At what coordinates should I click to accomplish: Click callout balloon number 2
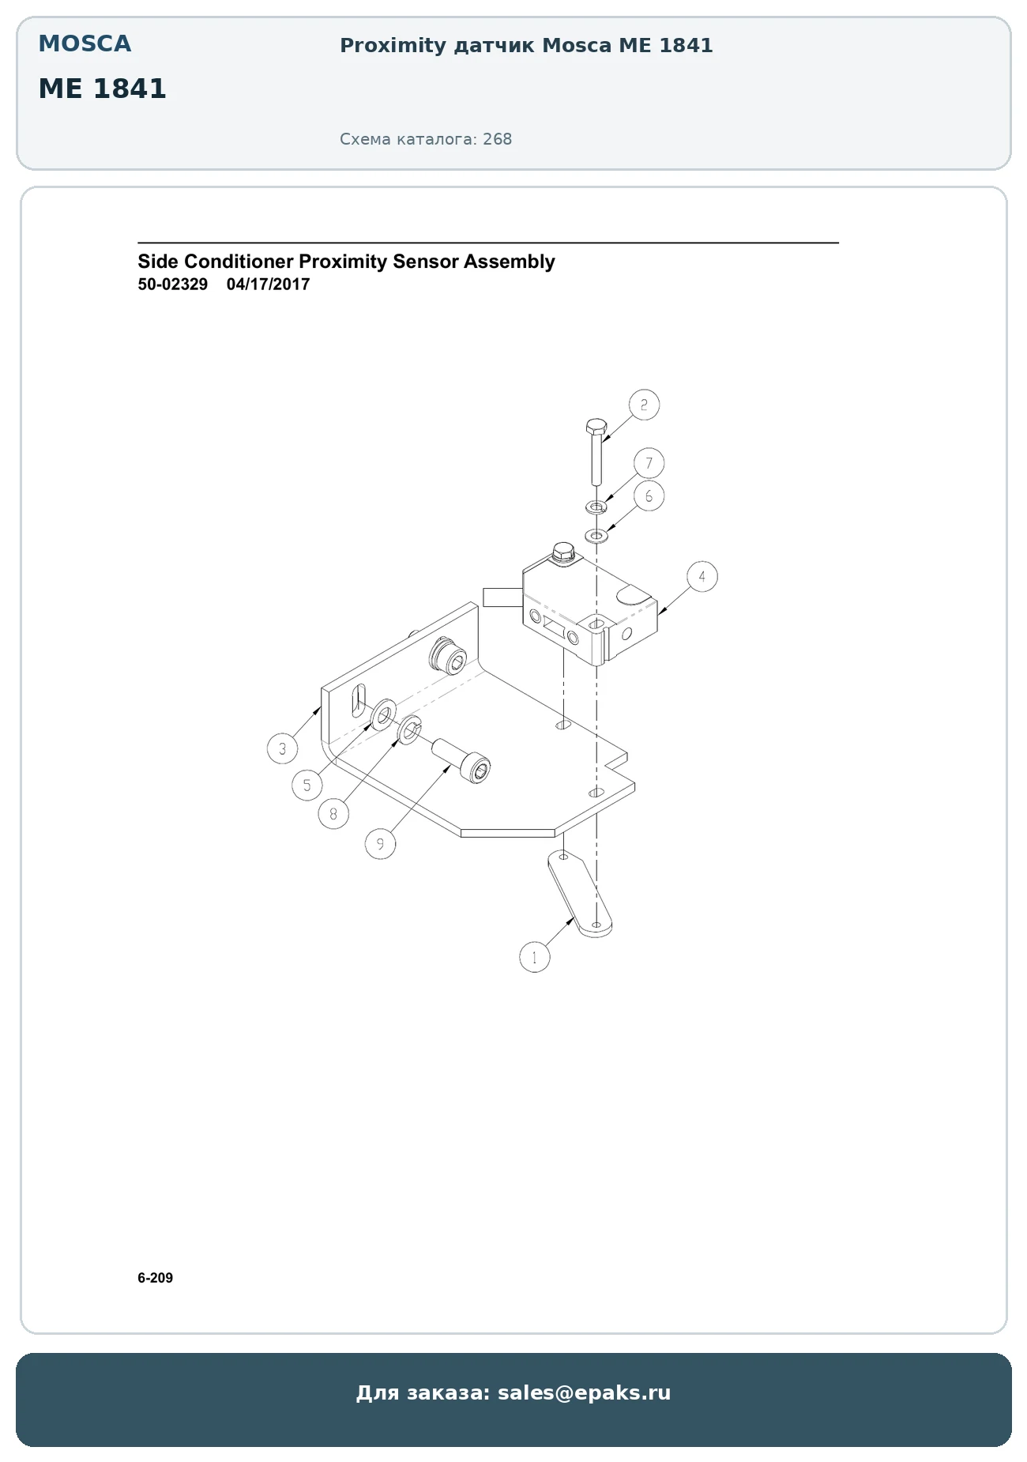click(644, 405)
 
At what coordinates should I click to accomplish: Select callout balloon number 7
click(649, 463)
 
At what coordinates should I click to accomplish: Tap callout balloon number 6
click(649, 496)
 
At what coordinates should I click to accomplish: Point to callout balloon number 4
click(702, 576)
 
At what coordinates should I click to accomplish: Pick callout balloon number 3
click(283, 748)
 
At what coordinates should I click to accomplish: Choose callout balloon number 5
click(307, 785)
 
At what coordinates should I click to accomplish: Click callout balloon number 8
click(334, 813)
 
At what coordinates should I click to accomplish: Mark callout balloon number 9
click(380, 844)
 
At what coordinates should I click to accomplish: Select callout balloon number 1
click(535, 957)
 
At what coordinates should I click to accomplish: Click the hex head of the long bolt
click(596, 427)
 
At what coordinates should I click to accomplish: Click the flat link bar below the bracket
click(580, 895)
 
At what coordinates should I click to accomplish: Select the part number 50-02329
click(173, 284)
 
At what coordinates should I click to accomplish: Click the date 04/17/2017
click(268, 284)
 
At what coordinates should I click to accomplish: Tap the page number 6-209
click(156, 1278)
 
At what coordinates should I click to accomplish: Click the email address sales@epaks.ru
click(585, 1393)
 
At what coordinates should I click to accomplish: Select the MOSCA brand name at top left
click(85, 44)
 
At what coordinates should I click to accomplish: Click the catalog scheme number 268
click(498, 139)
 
